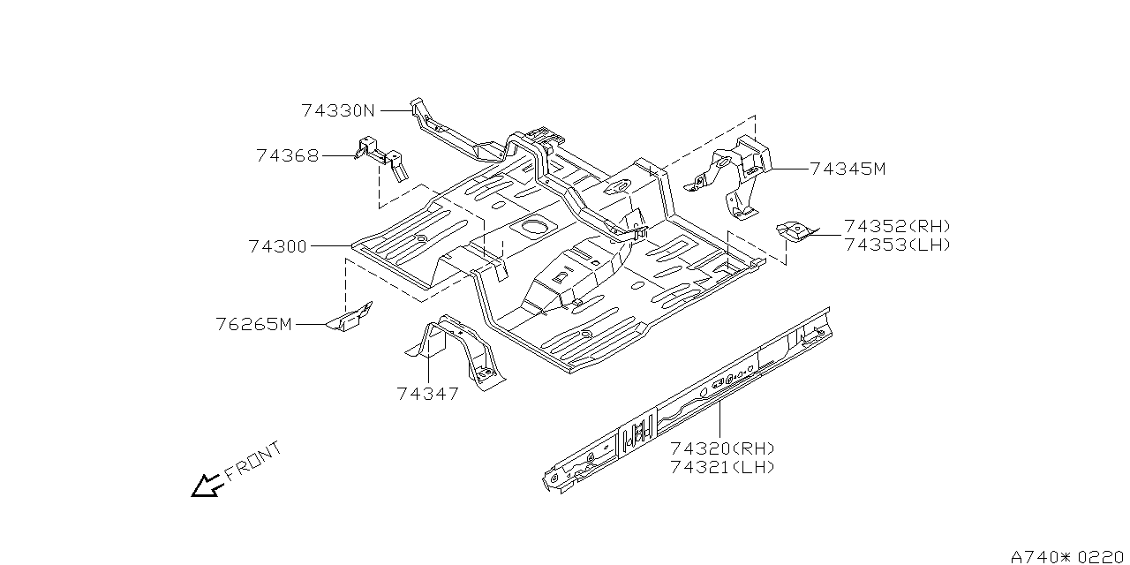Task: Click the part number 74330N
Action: coord(338,111)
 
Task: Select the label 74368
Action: coord(287,155)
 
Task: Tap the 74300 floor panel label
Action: coord(277,247)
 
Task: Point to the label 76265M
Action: coord(253,324)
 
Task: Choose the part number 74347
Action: coord(428,394)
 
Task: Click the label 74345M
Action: coord(847,169)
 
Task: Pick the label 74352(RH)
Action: coord(897,226)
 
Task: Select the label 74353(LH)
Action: coord(897,245)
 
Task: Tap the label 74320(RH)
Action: coord(722,448)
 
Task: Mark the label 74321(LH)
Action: coord(722,467)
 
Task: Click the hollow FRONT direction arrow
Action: coord(206,485)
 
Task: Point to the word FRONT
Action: coord(253,461)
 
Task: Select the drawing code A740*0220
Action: coord(1068,556)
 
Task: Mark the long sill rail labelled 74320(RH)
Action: coord(689,402)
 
